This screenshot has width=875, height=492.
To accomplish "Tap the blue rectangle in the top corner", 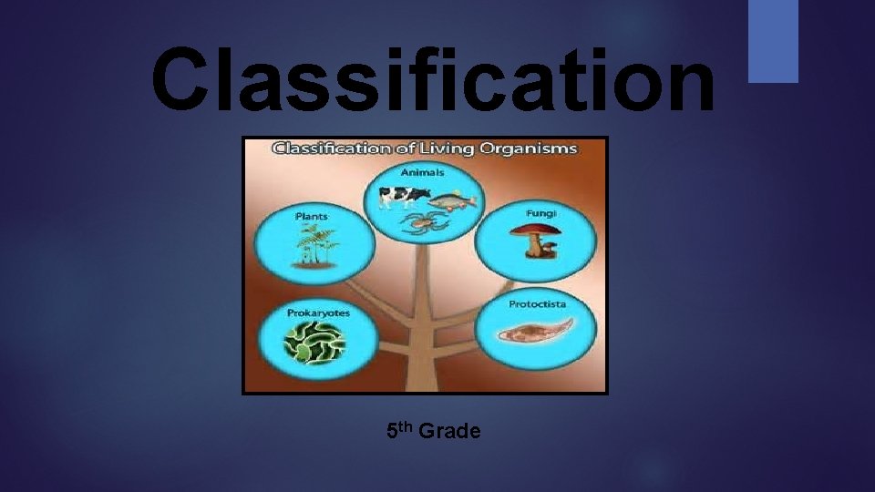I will coord(773,41).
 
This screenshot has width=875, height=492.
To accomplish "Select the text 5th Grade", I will coord(433,430).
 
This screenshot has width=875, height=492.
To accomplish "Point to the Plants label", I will coord(312,216).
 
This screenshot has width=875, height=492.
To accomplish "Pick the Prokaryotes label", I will coord(318,313).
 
